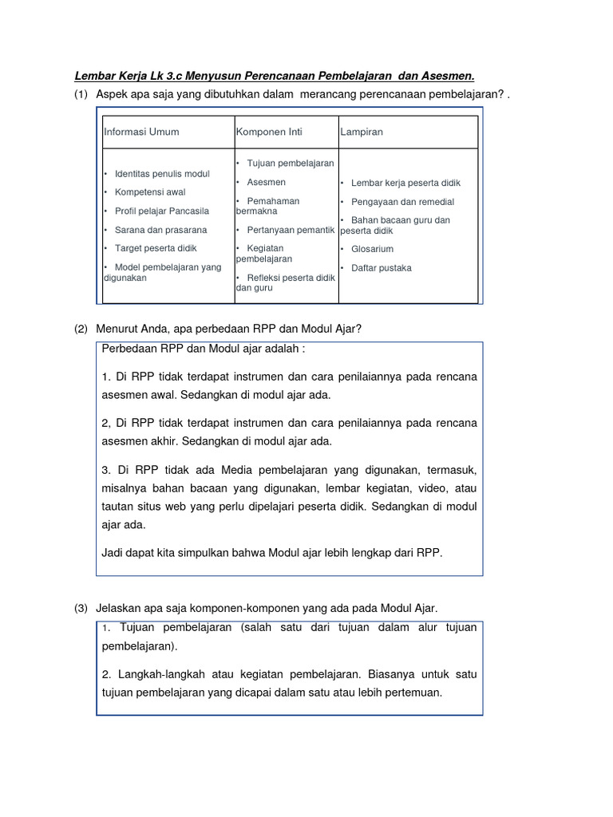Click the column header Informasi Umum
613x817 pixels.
tap(141, 132)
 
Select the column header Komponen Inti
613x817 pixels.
tap(269, 132)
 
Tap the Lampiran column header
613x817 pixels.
tap(362, 132)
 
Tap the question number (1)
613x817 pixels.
tap(81, 95)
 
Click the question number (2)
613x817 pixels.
tap(81, 329)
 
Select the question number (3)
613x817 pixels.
tap(81, 608)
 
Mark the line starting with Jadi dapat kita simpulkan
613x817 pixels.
tap(271, 552)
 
